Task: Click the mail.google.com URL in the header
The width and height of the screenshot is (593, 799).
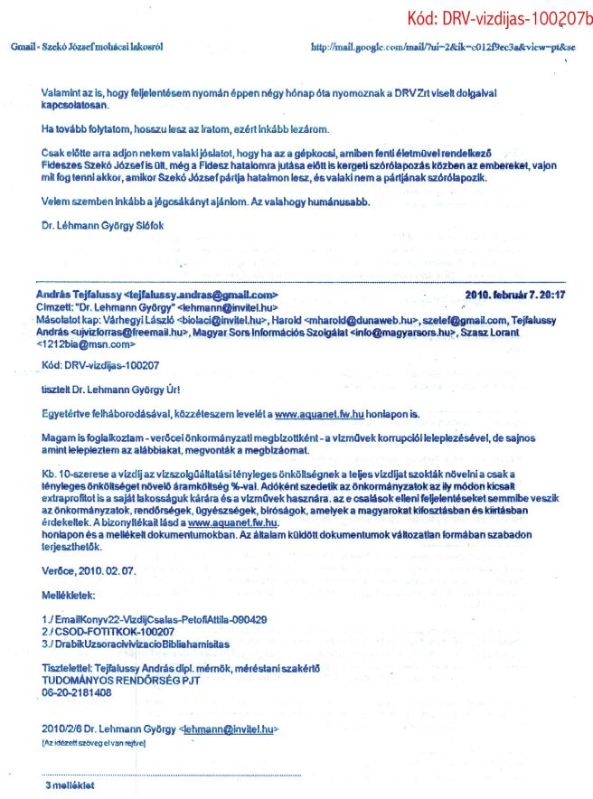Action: pos(442,45)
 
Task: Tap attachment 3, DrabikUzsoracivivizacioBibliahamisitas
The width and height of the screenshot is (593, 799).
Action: pos(136,643)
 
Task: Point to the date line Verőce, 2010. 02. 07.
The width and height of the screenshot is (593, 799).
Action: pos(86,570)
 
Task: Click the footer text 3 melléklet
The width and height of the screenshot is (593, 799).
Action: pos(70,785)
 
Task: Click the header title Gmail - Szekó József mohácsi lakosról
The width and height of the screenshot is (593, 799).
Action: pos(87,45)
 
